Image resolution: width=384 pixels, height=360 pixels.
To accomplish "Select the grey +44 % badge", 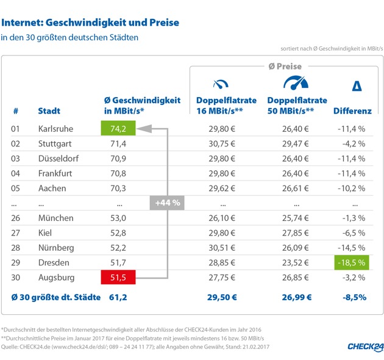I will point(168,203).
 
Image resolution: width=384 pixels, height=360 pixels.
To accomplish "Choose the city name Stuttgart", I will point(55,144).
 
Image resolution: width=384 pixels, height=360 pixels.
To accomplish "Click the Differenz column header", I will point(352,112).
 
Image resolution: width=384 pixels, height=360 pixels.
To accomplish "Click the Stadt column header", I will point(49,112).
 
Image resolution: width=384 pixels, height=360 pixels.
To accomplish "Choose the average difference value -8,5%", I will point(354,297).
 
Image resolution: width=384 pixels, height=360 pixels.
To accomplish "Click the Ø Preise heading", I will point(285,65).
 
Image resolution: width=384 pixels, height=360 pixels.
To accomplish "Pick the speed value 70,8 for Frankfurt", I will point(115,173).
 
